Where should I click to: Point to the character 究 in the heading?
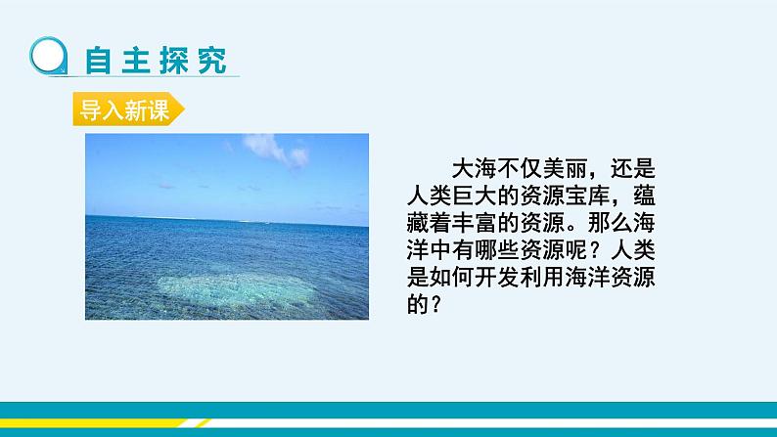pyautogui.click(x=211, y=60)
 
